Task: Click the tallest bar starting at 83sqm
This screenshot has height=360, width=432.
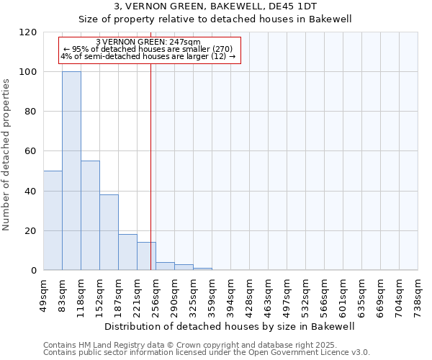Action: (x=71, y=171)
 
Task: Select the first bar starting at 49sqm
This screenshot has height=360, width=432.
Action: (x=53, y=220)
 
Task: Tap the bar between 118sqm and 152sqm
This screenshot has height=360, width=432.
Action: (x=90, y=215)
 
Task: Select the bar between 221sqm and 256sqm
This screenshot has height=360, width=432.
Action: (x=146, y=256)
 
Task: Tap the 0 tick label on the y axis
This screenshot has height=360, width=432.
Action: (x=35, y=271)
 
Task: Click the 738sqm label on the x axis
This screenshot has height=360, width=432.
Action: (x=418, y=294)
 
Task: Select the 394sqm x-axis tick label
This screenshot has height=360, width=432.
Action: (x=231, y=294)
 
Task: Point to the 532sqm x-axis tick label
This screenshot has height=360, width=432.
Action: (x=306, y=294)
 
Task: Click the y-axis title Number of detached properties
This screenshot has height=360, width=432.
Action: (x=7, y=155)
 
